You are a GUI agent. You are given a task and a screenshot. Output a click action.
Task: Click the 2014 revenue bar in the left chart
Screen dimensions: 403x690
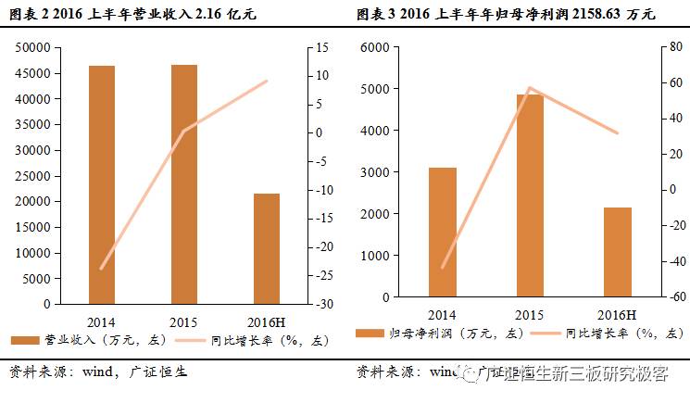click(102, 185)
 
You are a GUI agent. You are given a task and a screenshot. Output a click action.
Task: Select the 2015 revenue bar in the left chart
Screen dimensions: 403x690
click(183, 184)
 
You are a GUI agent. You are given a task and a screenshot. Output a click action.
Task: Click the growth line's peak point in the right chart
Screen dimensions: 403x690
click(530, 88)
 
